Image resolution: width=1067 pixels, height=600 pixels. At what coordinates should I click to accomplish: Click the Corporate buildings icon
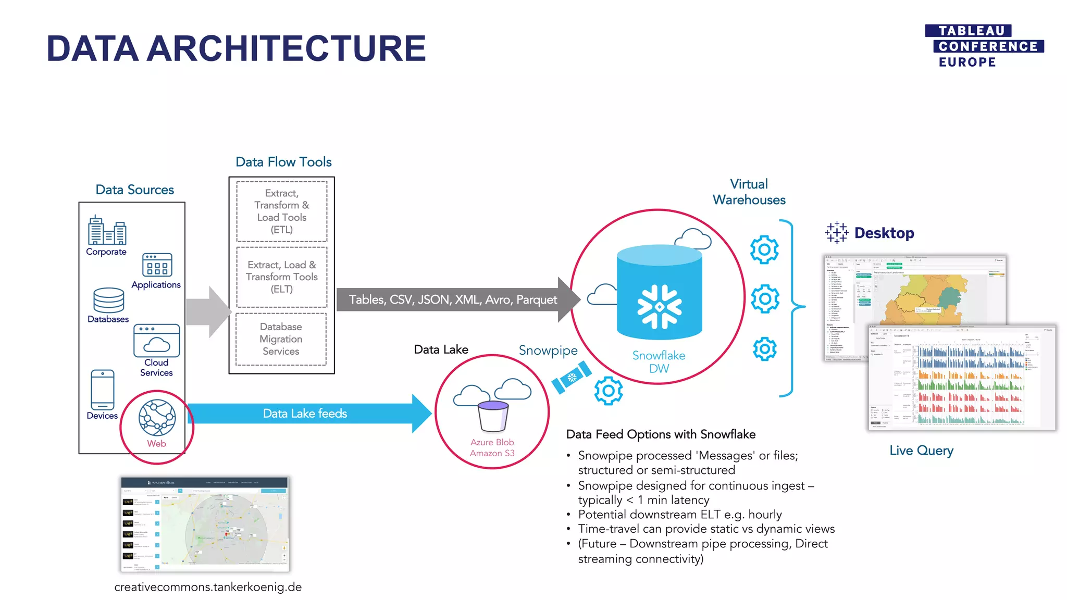[x=107, y=231]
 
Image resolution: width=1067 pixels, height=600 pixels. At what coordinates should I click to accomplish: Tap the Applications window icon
[x=157, y=265]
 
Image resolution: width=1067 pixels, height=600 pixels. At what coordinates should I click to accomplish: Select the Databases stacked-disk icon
[x=108, y=300]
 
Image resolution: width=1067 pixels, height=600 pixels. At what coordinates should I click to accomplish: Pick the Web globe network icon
[x=157, y=418]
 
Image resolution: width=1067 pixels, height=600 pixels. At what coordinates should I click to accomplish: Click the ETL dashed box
[x=282, y=211]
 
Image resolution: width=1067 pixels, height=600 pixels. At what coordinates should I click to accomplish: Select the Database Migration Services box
[x=281, y=339]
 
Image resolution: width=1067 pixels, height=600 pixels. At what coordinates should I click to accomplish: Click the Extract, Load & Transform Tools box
[x=282, y=277]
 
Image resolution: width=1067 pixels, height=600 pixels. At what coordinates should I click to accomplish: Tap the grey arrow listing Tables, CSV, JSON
[x=453, y=299]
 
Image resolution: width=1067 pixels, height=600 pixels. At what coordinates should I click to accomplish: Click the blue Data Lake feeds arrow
[x=305, y=414]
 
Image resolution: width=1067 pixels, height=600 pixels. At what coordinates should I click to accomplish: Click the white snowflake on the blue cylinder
[x=660, y=307]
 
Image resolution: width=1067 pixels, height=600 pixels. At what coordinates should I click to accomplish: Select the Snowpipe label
[x=548, y=351]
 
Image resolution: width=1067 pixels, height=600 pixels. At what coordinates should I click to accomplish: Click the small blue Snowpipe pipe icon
[x=572, y=378]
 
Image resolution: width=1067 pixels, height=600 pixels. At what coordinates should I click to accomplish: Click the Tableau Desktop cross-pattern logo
[x=837, y=232]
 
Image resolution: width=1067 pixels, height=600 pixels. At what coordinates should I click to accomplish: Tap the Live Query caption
[x=921, y=451]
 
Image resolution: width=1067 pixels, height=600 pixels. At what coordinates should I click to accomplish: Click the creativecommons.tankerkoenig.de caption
[x=208, y=587]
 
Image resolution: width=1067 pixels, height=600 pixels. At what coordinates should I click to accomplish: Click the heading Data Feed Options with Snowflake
[x=661, y=434]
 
